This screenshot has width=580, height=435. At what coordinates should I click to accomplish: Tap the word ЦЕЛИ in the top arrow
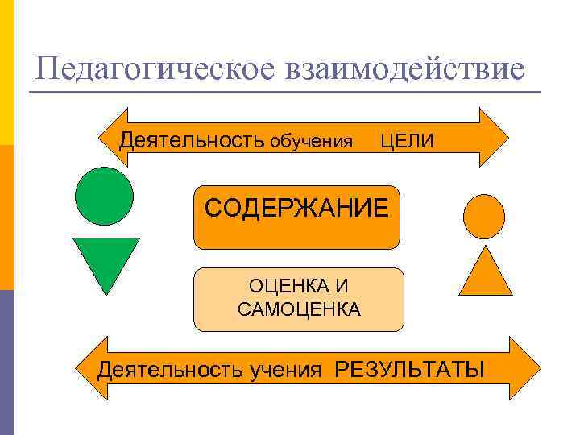click(407, 142)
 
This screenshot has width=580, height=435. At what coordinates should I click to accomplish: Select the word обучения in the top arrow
click(311, 143)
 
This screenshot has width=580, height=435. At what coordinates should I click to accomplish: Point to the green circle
click(104, 196)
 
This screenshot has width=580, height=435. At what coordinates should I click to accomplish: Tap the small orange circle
click(484, 217)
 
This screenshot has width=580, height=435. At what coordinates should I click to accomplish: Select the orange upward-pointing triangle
click(485, 271)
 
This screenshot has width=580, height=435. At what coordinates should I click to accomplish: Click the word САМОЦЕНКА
click(299, 309)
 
